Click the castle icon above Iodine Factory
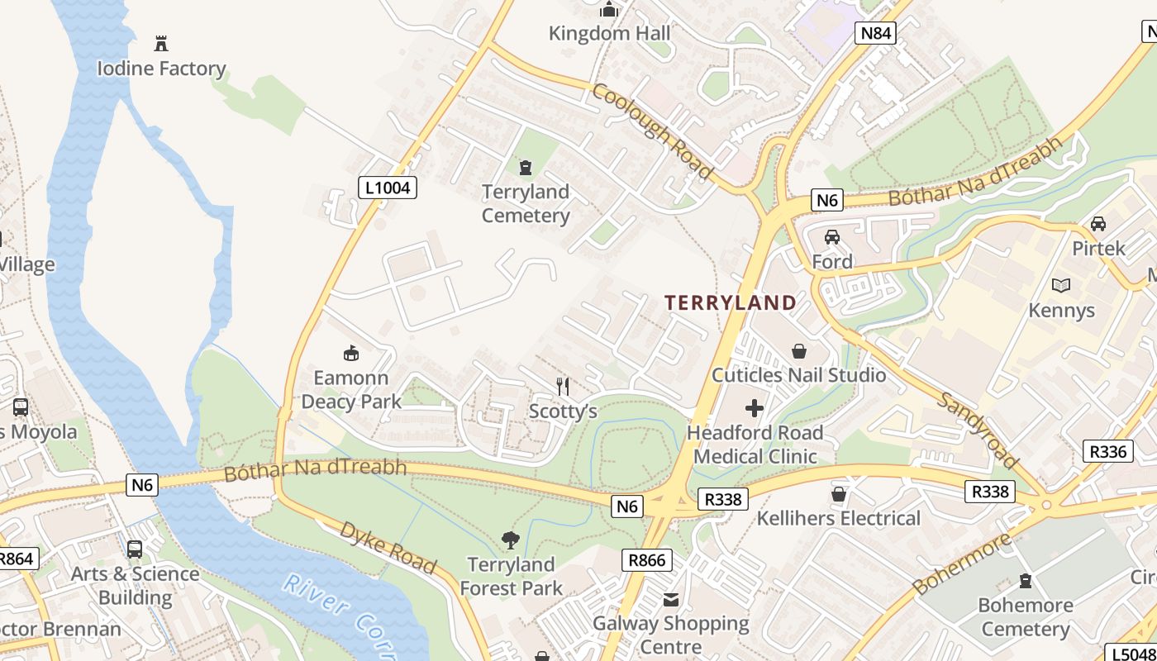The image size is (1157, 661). [x=161, y=43]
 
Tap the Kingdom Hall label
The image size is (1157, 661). [x=610, y=34]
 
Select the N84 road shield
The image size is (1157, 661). [x=876, y=33]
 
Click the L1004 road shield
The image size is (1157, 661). [x=388, y=188]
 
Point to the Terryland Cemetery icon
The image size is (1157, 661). [x=526, y=168]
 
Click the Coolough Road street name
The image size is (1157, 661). [x=652, y=131]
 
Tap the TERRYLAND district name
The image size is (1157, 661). [x=731, y=302]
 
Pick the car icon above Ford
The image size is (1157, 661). [x=832, y=237]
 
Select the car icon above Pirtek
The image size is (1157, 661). [x=1098, y=224]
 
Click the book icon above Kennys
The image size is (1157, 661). [x=1061, y=286]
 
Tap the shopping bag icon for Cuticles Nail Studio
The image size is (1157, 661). [x=799, y=351]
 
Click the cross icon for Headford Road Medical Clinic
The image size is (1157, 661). [x=755, y=408]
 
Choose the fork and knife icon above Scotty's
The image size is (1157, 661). [x=563, y=386]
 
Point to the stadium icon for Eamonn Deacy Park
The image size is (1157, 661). [x=351, y=354]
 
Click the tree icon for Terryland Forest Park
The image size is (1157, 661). [x=511, y=540]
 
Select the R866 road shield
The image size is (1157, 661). [x=646, y=560]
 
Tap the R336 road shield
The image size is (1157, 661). [x=1107, y=451]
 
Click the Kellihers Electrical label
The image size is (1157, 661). [x=839, y=519]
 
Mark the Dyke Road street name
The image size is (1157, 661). [x=388, y=548]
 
